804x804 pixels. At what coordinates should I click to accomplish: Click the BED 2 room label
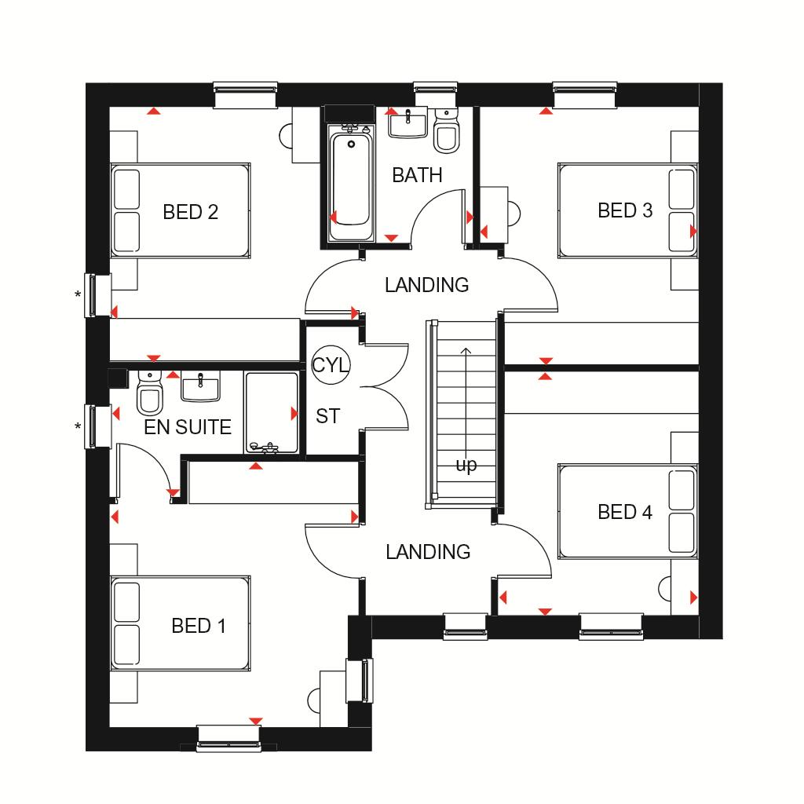click(190, 212)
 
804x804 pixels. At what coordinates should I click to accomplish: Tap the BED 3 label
click(625, 210)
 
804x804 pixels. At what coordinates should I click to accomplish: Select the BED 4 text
click(625, 512)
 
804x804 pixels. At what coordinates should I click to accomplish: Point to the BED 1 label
click(199, 626)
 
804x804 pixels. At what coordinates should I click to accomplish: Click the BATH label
click(417, 175)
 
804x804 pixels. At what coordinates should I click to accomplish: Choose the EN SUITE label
click(188, 427)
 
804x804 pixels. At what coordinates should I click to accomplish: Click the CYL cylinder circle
click(331, 365)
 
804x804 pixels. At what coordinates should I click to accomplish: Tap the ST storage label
click(327, 416)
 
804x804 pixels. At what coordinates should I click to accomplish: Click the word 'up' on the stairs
click(466, 466)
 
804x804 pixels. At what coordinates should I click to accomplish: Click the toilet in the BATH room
click(446, 130)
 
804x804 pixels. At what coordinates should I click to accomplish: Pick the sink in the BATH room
click(407, 123)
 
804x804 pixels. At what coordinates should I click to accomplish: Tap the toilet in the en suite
click(150, 393)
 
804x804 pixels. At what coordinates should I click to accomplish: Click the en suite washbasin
click(200, 386)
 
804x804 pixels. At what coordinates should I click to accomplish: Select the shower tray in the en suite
click(272, 413)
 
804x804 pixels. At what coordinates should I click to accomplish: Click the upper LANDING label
click(426, 285)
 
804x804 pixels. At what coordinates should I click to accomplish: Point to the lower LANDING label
click(428, 552)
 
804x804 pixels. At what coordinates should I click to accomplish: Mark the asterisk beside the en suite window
click(78, 426)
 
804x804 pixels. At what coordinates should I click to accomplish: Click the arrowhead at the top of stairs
click(466, 351)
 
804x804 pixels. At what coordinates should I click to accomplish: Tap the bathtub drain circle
click(351, 144)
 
